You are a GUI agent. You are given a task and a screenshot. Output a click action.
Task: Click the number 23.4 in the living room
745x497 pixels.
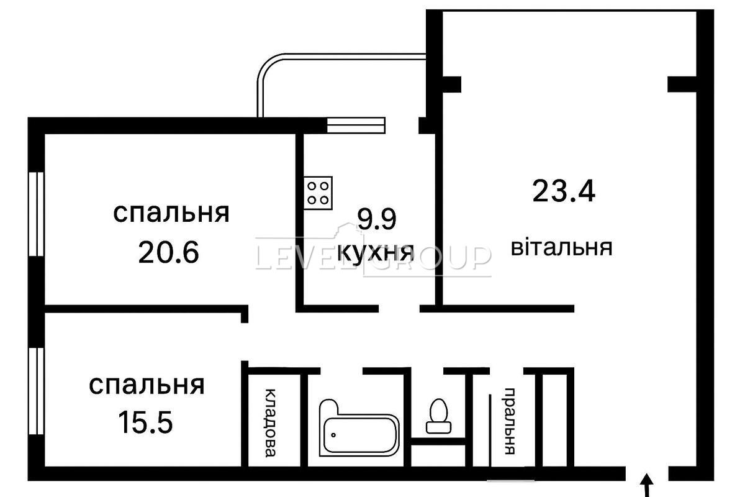pyautogui.click(x=564, y=191)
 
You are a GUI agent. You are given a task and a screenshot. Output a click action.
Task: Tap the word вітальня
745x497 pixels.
pyautogui.click(x=561, y=247)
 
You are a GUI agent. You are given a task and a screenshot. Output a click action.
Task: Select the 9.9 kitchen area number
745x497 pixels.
pyautogui.click(x=376, y=219)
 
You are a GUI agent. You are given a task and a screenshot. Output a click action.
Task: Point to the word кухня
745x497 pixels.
pyautogui.click(x=376, y=253)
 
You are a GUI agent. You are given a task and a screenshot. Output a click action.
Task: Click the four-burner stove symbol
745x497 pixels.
pyautogui.click(x=318, y=193)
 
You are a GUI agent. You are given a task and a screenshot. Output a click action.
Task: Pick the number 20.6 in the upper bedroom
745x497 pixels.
pyautogui.click(x=169, y=252)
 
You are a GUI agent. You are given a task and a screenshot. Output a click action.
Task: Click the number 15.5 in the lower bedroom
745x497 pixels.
pyautogui.click(x=146, y=422)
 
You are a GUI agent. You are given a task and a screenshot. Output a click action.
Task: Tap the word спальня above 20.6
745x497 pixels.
pyautogui.click(x=171, y=213)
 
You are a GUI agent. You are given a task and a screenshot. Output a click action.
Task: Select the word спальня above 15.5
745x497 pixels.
pyautogui.click(x=147, y=385)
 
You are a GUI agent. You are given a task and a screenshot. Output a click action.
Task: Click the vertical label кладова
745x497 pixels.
pyautogui.click(x=271, y=423)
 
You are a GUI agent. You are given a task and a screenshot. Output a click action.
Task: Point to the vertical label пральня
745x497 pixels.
pyautogui.click(x=510, y=421)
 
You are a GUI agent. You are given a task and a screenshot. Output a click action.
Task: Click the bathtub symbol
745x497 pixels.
pyautogui.click(x=359, y=428)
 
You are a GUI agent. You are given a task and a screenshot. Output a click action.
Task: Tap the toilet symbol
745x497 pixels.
pyautogui.click(x=439, y=416)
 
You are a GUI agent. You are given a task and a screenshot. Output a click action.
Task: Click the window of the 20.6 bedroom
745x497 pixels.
pyautogui.click(x=36, y=214)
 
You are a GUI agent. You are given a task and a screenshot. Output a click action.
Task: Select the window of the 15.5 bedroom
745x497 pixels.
pyautogui.click(x=36, y=391)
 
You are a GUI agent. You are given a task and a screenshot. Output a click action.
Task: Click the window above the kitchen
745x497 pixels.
pyautogui.click(x=356, y=125)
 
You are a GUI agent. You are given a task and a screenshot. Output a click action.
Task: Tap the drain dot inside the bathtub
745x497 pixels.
pyautogui.click(x=333, y=435)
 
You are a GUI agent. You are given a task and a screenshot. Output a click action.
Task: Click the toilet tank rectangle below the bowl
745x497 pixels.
pyautogui.click(x=439, y=427)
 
